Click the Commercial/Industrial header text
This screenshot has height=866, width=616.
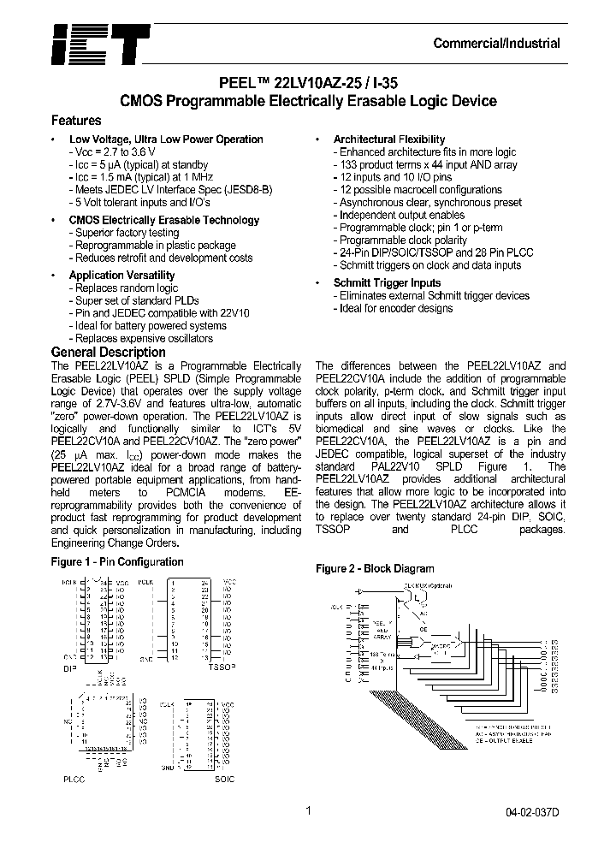point(497,44)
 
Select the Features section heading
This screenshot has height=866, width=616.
point(76,121)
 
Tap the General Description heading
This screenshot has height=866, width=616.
point(109,352)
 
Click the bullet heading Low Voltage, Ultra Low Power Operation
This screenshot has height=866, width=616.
point(166,139)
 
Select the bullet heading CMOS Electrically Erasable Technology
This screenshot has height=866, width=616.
point(163,220)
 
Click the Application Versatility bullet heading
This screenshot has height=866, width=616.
point(121,276)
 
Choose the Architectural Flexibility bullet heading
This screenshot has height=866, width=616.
point(389,139)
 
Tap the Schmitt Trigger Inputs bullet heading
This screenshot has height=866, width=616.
point(387,283)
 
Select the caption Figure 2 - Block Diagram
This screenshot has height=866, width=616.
point(375,569)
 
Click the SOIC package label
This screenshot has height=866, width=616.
point(224,780)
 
